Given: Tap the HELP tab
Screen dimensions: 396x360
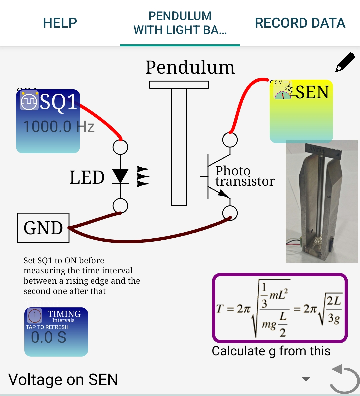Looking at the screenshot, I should (60, 23).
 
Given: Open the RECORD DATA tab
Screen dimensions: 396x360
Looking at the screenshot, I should (300, 23).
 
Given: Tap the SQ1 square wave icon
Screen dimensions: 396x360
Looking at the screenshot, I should (29, 101).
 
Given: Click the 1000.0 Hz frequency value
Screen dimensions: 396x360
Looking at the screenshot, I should (59, 127).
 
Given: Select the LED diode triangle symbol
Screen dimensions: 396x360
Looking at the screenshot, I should (120, 176).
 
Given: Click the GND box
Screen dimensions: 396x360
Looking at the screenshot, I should (43, 228).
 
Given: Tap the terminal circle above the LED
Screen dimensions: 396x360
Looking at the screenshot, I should (120, 147).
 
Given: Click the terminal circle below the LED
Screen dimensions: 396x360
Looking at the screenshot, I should (120, 206).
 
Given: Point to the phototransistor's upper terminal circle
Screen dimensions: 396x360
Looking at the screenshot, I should (230, 140).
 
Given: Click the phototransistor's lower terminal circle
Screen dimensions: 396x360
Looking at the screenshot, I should (230, 213).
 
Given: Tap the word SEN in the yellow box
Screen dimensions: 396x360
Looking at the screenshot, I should (312, 92).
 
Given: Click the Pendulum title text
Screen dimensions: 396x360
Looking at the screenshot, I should (190, 67).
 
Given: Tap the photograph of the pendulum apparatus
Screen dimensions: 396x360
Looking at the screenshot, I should (321, 201).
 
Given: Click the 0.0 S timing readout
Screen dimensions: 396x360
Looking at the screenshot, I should (49, 337).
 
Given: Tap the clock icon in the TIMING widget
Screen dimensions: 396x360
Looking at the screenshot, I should (35, 315).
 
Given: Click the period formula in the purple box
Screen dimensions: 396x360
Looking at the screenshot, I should (280, 308).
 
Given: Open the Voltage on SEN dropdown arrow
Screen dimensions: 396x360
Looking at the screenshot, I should (306, 379).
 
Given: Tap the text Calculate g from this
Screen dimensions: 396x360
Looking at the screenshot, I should (271, 351).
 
